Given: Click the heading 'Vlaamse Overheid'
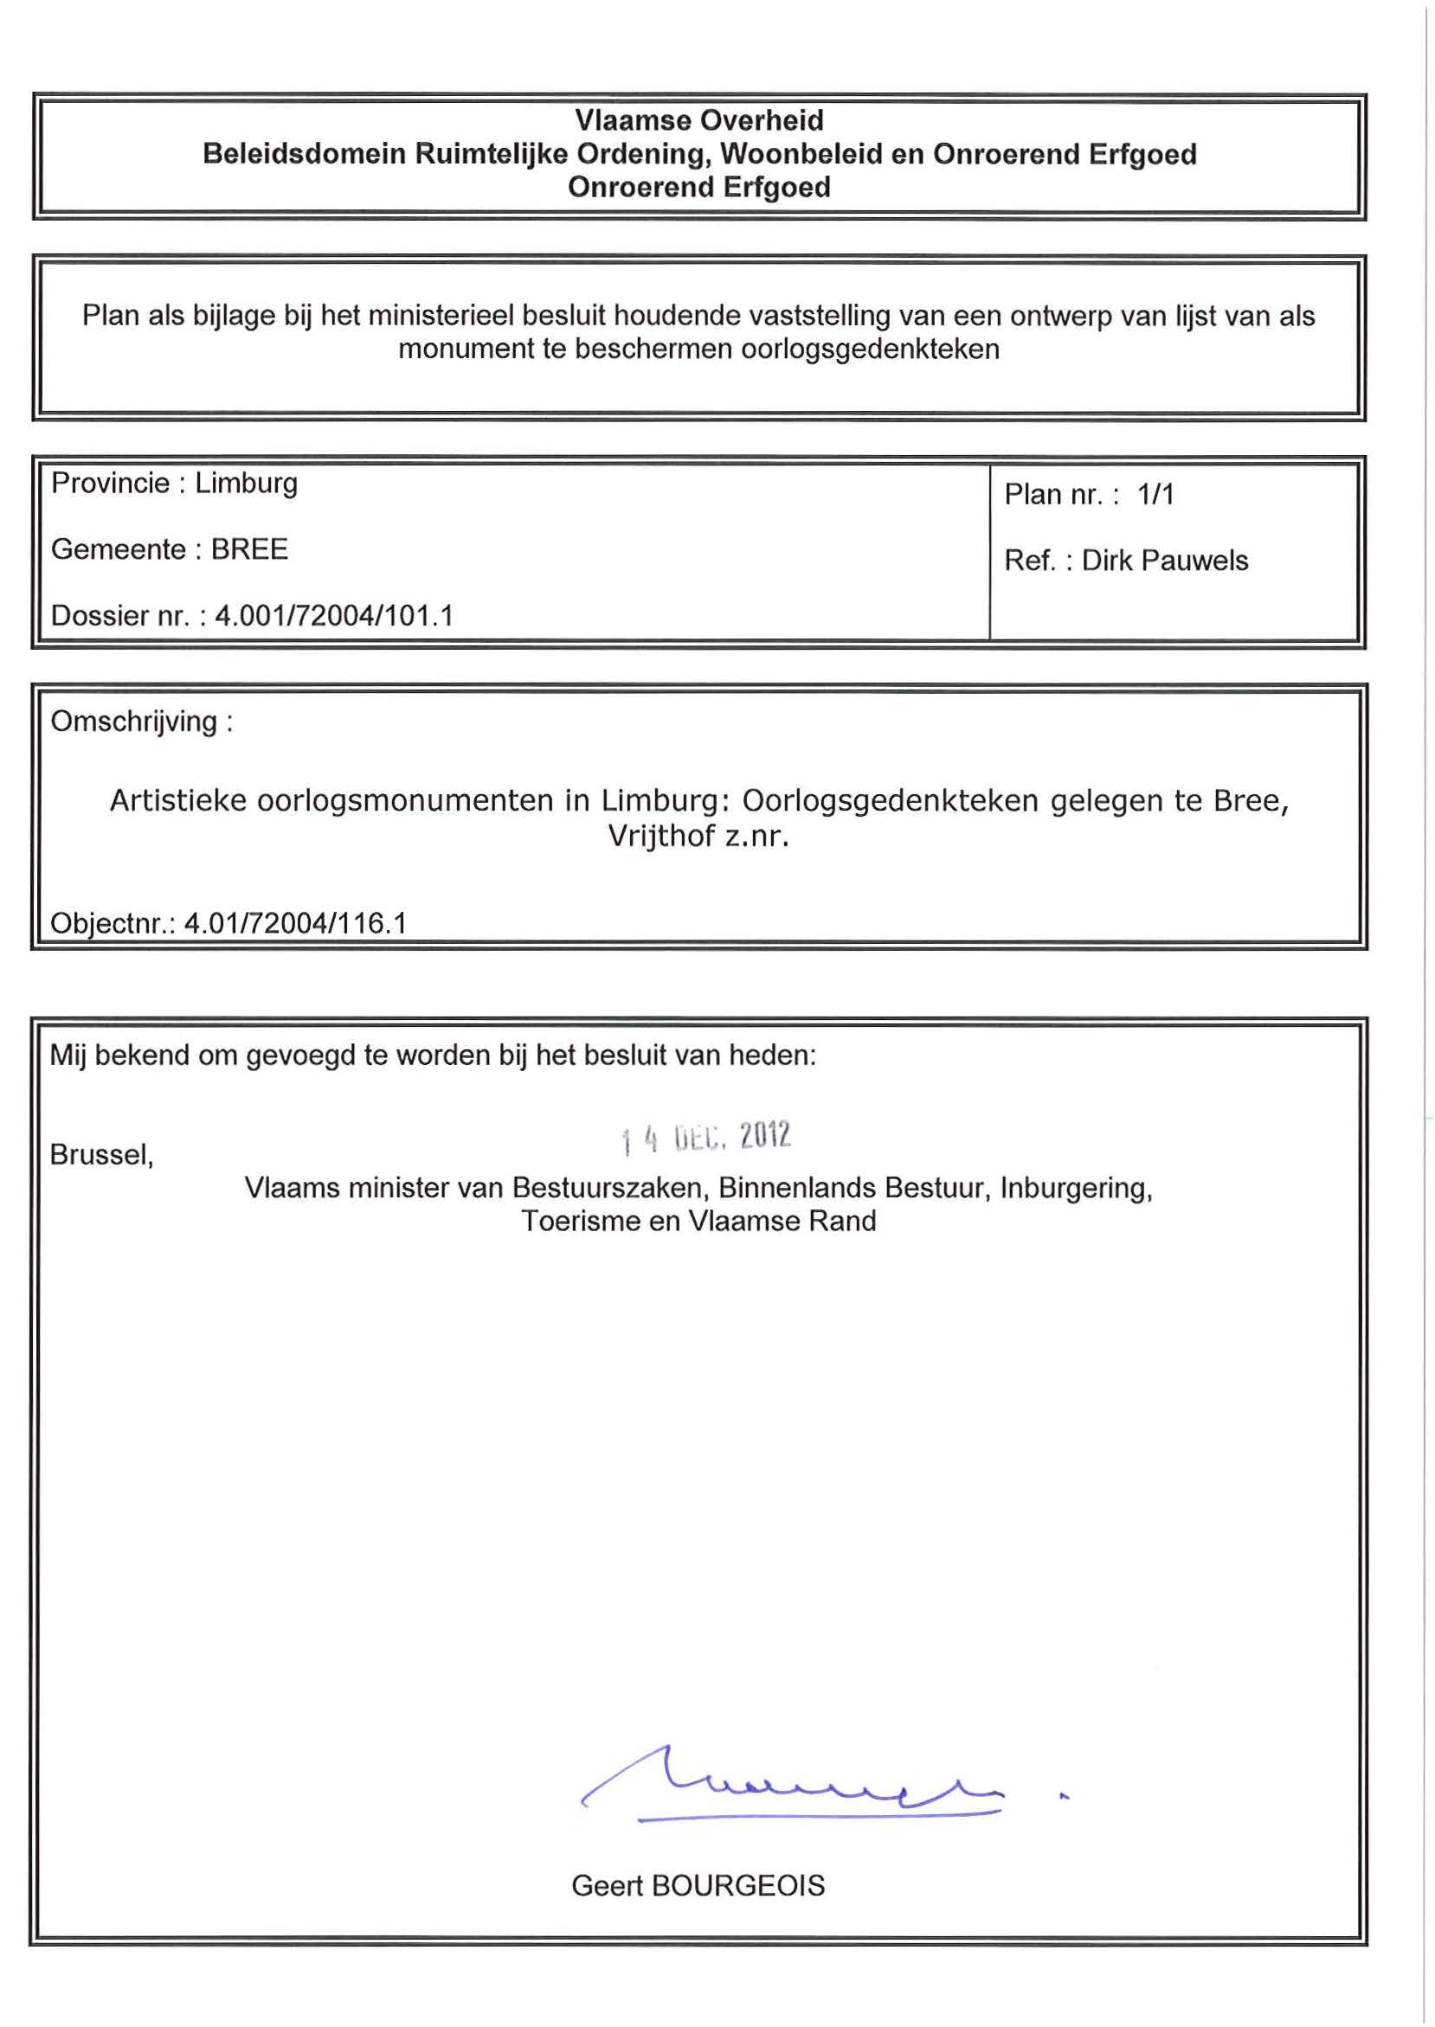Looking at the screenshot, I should [x=699, y=120].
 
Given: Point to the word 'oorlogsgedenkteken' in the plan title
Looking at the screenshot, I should [x=870, y=349].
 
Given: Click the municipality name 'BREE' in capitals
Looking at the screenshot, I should [x=249, y=548].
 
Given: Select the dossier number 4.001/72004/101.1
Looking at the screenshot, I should [x=334, y=615].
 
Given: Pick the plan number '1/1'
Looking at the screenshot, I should [x=1155, y=494].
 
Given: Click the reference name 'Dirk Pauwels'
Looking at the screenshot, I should [x=1165, y=560].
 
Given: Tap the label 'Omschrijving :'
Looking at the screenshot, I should [x=141, y=722].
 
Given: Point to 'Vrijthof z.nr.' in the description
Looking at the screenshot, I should [x=698, y=836].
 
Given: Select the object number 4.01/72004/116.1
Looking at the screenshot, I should [x=295, y=923].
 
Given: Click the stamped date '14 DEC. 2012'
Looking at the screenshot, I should [x=706, y=1138].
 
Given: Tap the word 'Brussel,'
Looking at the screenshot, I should [x=101, y=1154].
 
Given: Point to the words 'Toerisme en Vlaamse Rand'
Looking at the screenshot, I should [x=698, y=1221].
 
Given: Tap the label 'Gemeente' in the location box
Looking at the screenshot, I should [x=118, y=548].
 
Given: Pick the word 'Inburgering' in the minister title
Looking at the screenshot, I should [x=1075, y=1188].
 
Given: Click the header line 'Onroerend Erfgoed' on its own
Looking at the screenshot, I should [x=699, y=187].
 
